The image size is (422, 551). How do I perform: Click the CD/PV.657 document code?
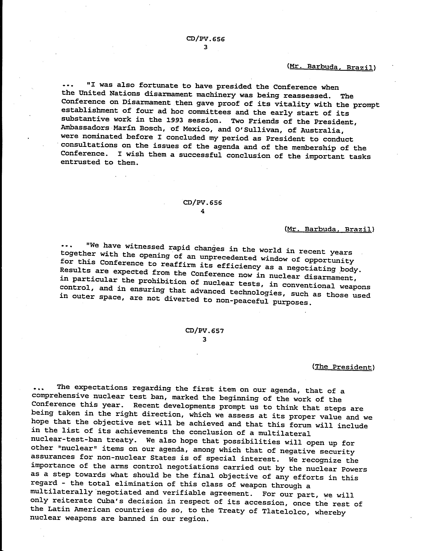(205, 331)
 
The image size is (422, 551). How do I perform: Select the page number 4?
(203, 211)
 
